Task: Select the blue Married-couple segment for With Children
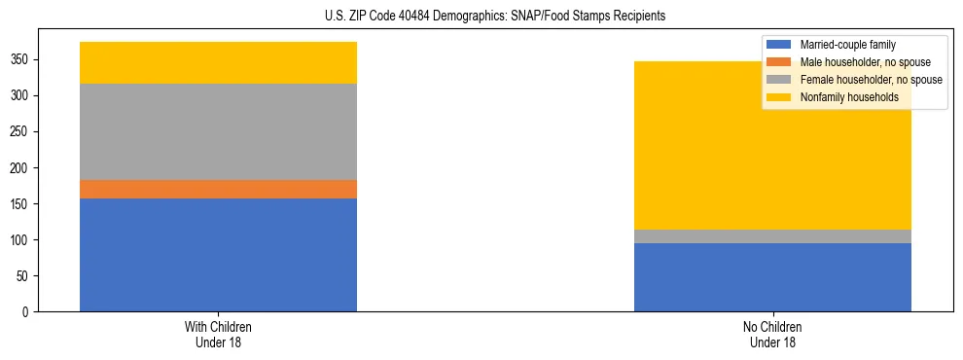[x=218, y=255]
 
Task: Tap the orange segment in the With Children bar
[x=218, y=189]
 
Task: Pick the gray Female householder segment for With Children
[x=218, y=131]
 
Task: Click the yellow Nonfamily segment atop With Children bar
[x=218, y=62]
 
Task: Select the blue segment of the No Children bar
[x=772, y=277]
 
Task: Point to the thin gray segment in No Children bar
[x=772, y=236]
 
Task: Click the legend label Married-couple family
[x=847, y=45]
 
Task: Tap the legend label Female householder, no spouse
[x=871, y=80]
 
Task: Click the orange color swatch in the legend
[x=779, y=62]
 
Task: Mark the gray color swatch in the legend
[x=779, y=80]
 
